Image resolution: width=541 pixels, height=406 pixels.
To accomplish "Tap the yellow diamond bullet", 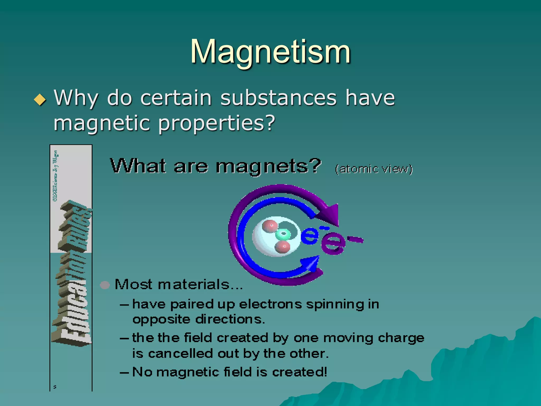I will click(40, 100).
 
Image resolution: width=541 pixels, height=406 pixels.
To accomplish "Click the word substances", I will click(278, 98).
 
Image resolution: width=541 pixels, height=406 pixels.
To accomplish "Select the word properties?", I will click(217, 123).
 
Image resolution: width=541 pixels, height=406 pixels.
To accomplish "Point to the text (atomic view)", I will click(374, 169).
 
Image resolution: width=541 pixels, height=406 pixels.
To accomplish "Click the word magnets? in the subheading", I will click(268, 167).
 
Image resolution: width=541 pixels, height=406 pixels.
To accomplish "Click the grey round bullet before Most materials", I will click(105, 285).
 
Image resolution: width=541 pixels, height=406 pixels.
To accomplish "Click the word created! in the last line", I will click(299, 372).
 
